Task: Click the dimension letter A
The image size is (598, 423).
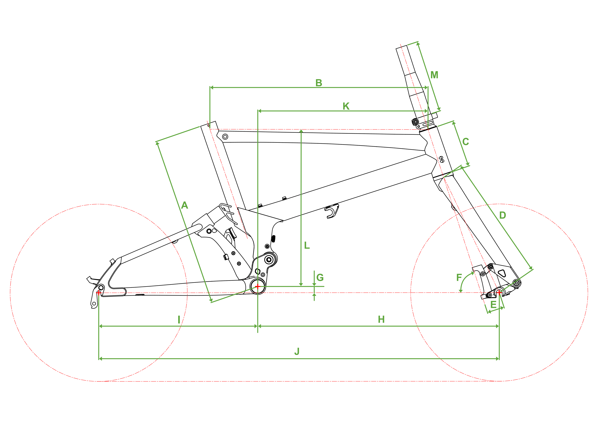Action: [184, 205]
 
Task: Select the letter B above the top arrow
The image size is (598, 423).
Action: [319, 83]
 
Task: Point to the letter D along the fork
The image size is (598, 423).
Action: [502, 215]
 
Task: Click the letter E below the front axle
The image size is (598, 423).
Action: [493, 305]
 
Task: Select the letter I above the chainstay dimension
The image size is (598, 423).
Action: [179, 320]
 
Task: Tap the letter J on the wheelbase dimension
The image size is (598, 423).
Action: [297, 351]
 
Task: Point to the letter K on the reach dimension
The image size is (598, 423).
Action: [346, 106]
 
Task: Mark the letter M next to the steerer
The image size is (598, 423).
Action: [434, 75]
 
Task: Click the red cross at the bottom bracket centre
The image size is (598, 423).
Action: [258, 286]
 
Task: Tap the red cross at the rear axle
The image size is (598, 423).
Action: [99, 293]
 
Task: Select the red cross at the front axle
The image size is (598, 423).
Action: [499, 293]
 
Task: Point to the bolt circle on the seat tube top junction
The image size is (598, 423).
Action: [225, 137]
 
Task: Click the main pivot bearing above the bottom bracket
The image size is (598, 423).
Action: [269, 260]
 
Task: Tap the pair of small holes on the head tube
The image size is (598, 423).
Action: [442, 159]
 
